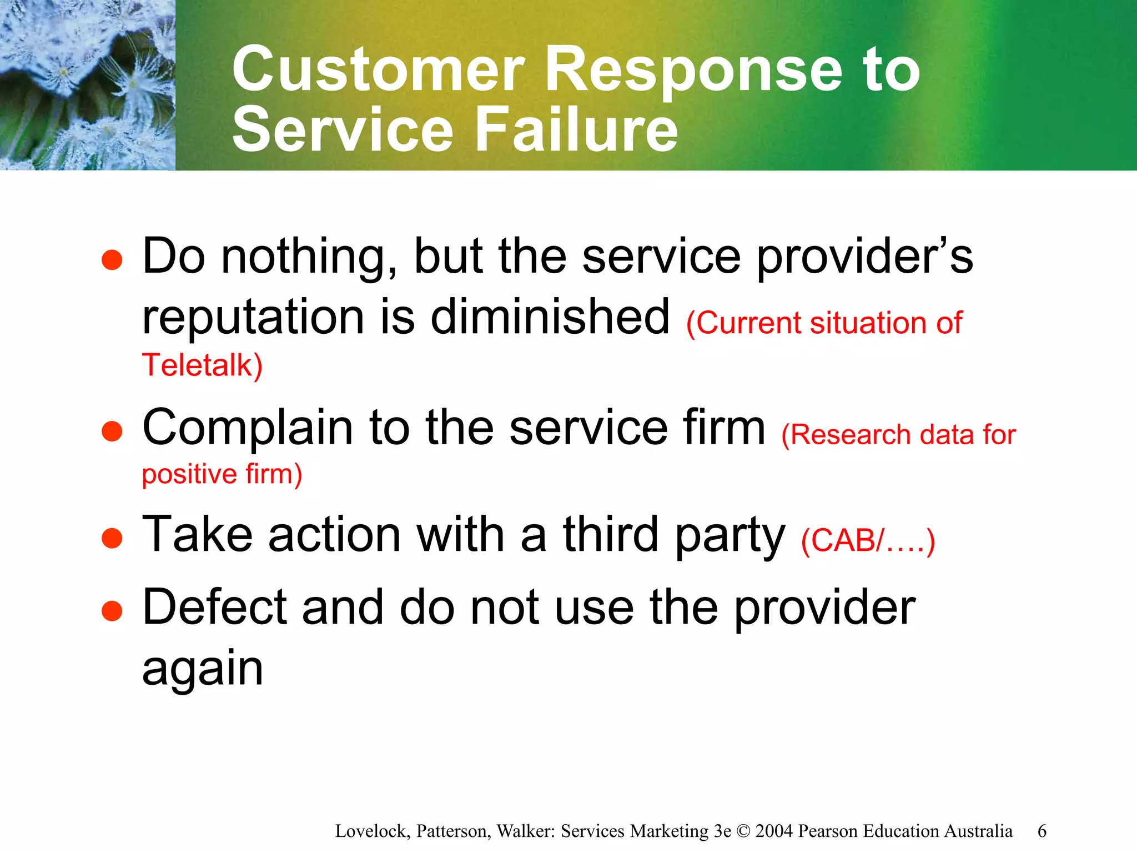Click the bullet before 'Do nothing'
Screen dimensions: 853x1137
tap(112, 260)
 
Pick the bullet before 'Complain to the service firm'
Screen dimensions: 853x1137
tap(112, 431)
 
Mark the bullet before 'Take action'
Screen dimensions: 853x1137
tap(112, 538)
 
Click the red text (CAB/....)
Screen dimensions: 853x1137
tap(868, 540)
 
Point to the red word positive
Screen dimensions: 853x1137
tap(189, 475)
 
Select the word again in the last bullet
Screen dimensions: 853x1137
tap(203, 669)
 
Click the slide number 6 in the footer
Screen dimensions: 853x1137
tap(1042, 831)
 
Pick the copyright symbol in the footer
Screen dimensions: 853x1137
tap(743, 831)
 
